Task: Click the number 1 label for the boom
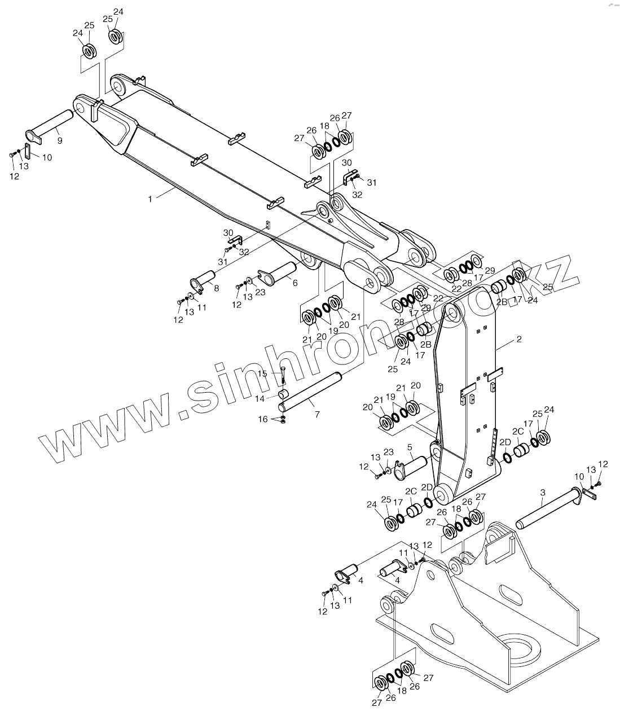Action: click(151, 199)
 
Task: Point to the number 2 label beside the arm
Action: click(519, 340)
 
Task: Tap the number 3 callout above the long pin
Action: click(542, 493)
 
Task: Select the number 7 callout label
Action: click(317, 415)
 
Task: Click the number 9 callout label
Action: click(60, 140)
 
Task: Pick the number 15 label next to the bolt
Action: click(262, 374)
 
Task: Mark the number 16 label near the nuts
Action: click(263, 419)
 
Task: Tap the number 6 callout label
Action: click(295, 284)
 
